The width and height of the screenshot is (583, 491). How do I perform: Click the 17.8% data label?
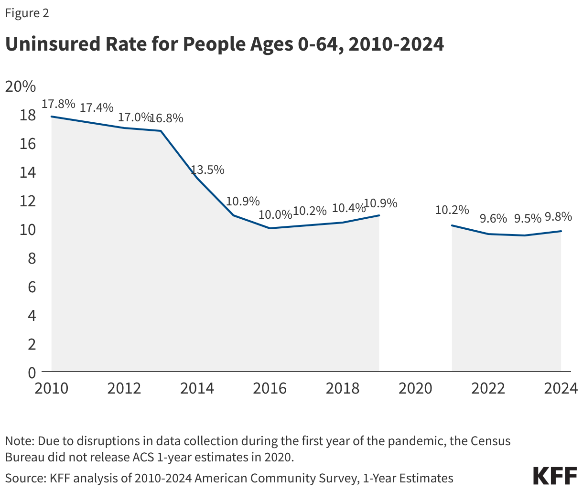pyautogui.click(x=58, y=104)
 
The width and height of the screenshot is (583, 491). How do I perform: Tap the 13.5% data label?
pyautogui.click(x=208, y=170)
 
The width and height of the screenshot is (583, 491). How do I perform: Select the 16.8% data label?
pyautogui.click(x=167, y=118)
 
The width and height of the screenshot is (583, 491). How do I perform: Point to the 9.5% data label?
pyautogui.click(x=528, y=218)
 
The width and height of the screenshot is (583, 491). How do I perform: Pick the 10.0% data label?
pyautogui.click(x=275, y=214)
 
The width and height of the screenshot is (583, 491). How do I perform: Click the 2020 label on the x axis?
pyautogui.click(x=415, y=388)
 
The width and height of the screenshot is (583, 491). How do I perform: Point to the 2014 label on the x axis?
pyautogui.click(x=197, y=388)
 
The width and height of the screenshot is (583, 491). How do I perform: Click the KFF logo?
pyautogui.click(x=555, y=476)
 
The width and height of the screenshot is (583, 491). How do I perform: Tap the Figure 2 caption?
pyautogui.click(x=27, y=13)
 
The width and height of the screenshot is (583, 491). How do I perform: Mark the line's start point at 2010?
pyautogui.click(x=51, y=117)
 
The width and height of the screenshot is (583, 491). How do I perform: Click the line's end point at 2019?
pyautogui.click(x=379, y=215)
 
